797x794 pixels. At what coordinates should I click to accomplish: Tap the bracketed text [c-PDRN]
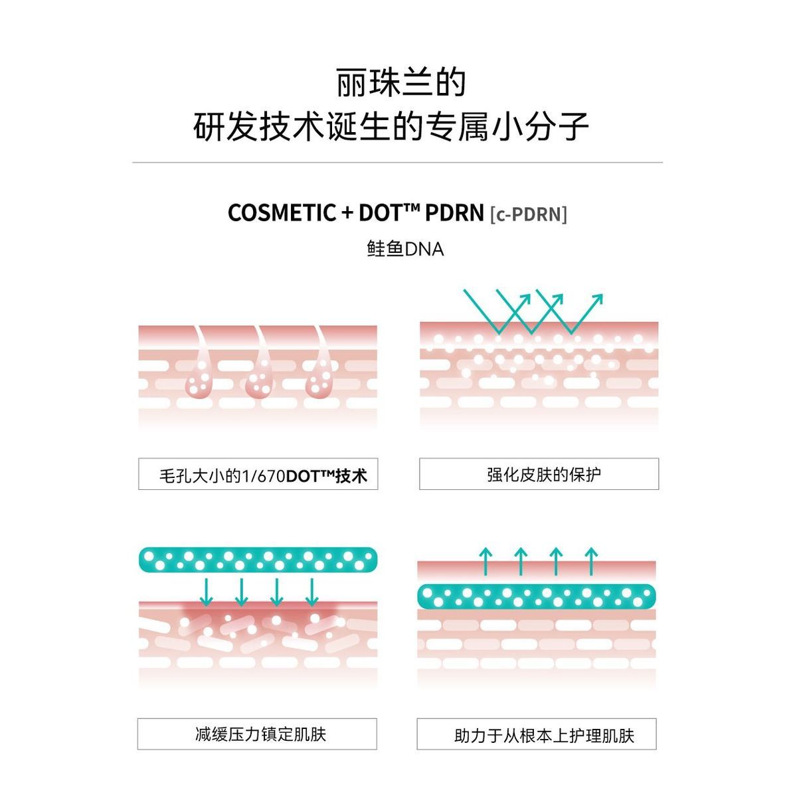point(529,214)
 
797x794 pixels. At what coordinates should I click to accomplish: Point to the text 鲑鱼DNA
point(405,249)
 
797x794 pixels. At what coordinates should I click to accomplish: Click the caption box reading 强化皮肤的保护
point(539,475)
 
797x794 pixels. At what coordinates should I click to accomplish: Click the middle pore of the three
point(260,382)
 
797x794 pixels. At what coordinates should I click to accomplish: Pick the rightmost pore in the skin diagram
point(319,382)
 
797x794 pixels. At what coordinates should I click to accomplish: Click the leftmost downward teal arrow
point(207,592)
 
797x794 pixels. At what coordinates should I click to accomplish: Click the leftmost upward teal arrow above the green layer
point(486,561)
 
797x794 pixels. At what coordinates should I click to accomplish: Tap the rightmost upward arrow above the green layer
point(591,561)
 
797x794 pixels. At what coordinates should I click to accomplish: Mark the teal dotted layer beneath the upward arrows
point(537,595)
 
